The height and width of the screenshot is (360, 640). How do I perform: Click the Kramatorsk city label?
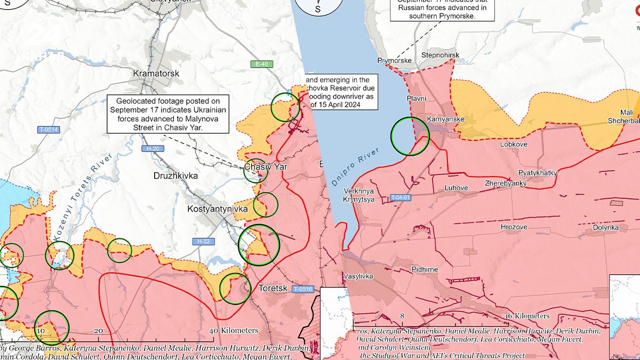pos(156,73)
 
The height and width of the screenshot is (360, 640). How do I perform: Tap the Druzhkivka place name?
pos(175,175)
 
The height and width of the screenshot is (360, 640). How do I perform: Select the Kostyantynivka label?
pos(218,209)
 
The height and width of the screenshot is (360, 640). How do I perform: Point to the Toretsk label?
pos(273,288)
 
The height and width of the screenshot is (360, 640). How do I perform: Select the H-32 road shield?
pos(203,242)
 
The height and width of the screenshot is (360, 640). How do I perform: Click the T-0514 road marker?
pos(48,130)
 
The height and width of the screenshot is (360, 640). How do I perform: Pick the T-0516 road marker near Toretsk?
pos(302,289)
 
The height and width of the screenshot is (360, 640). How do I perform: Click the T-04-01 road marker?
pos(401,197)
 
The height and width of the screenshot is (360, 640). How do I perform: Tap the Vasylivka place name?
pos(358,276)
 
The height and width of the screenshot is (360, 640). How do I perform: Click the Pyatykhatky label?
pos(538,173)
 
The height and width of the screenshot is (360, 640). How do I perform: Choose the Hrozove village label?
pos(514,227)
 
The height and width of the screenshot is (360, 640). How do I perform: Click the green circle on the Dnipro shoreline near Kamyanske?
pos(410,136)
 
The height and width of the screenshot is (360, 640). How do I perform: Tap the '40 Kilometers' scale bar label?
pos(234,330)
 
